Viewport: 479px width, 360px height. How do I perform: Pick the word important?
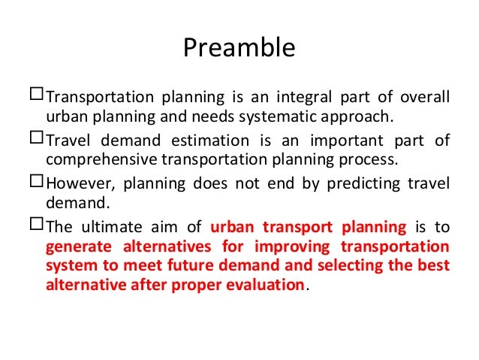point(339,142)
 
